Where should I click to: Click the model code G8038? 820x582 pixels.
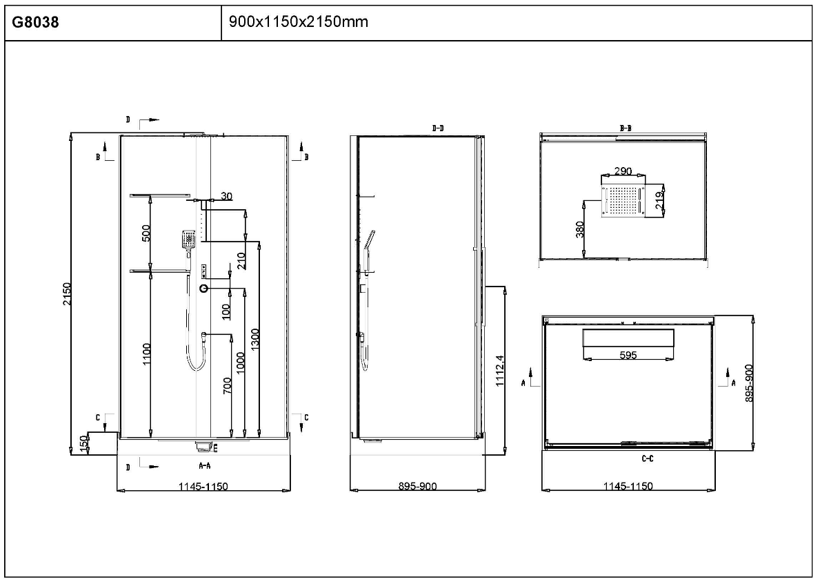click(36, 23)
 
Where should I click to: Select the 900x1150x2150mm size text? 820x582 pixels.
click(299, 22)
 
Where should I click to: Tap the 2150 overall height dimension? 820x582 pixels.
click(67, 294)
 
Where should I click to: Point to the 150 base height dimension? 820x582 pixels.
click(83, 444)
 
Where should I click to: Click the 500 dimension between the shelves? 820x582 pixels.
click(146, 233)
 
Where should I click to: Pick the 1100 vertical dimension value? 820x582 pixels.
click(146, 353)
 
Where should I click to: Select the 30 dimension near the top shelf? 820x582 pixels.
click(226, 196)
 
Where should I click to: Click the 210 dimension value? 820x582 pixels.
click(241, 261)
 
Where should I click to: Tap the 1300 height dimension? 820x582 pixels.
click(255, 339)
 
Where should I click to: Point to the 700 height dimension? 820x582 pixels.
click(227, 386)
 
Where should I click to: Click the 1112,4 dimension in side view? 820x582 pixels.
click(499, 371)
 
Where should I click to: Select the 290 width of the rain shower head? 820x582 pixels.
click(623, 171)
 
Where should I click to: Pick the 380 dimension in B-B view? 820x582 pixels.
click(579, 229)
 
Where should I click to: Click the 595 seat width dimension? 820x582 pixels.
click(628, 356)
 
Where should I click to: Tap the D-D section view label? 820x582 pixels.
click(438, 128)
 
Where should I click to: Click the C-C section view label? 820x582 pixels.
click(648, 459)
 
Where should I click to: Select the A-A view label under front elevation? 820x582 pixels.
click(204, 465)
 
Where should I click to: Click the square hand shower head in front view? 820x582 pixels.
click(188, 240)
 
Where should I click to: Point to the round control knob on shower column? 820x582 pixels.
click(203, 289)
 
